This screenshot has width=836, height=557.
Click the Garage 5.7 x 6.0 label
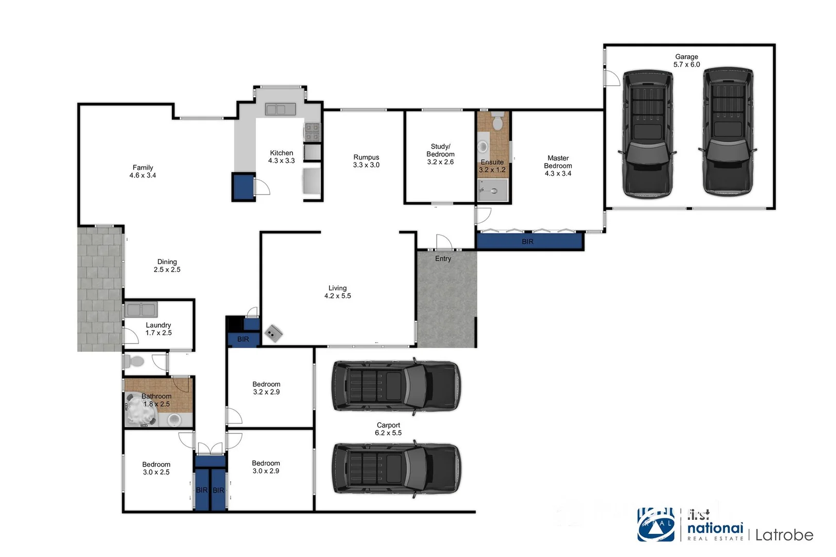pos(686,61)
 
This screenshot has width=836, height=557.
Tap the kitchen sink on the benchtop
pos(280,109)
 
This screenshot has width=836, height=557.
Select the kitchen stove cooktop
pos(312,132)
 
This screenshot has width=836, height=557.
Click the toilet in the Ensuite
pos(497,122)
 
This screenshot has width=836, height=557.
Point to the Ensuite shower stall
pos(493,190)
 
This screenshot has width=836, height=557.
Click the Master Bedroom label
pos(558,166)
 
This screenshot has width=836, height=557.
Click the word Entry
pos(443,258)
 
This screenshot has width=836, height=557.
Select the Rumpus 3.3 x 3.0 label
pos(366,161)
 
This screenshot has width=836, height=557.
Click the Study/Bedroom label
pos(440,154)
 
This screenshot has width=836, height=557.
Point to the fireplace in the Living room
pos(274,334)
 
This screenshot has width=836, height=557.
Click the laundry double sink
pos(141,309)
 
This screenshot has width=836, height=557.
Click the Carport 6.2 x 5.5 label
pos(388,429)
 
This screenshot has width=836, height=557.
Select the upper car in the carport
pos(395,386)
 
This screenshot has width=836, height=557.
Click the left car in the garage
pos(648,134)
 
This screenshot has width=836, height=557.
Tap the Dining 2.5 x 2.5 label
pos(167,266)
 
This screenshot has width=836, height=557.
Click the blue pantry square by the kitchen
pos(243,187)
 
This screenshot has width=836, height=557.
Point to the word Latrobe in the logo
pos(784,535)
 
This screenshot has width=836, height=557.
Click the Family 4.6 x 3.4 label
pos(142,171)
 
